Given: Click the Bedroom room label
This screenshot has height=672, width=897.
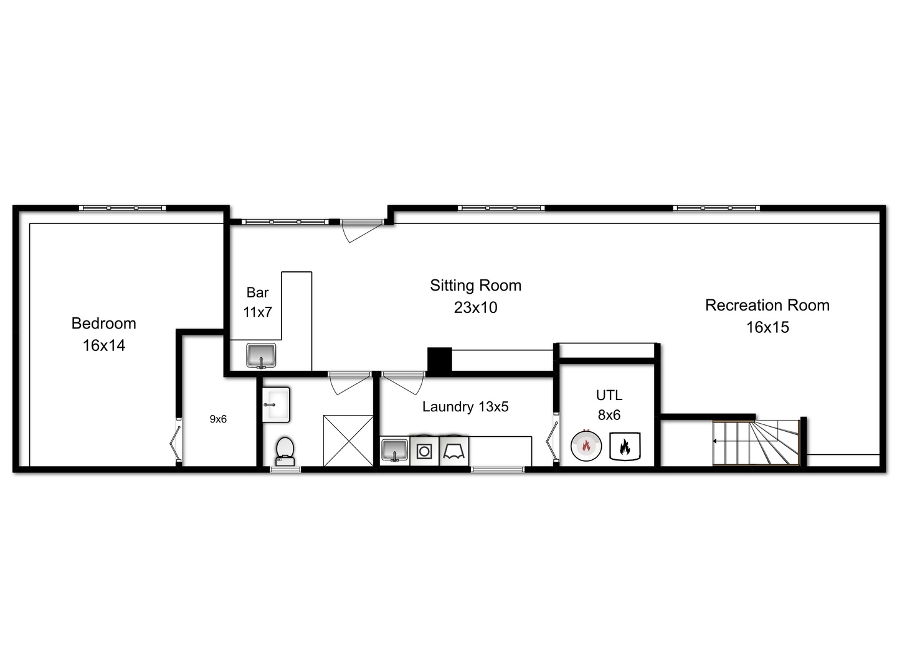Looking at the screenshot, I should pos(103,323).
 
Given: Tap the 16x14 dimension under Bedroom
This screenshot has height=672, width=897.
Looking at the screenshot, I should pos(103,345).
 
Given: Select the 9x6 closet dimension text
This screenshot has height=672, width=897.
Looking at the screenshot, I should pos(218,419).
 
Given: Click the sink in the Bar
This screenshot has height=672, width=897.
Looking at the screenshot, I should pos(261,355).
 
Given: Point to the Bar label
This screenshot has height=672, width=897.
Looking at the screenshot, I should pos(257,292).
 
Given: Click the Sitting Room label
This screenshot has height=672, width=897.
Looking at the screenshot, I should pos(475,286).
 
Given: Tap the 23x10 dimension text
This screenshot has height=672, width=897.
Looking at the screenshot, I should pos(475,307).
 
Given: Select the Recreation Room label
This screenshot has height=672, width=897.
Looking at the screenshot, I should pos(767,306).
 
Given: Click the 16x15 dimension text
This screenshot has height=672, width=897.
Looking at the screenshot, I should pos(767,327).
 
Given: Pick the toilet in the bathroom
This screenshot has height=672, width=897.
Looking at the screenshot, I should pos(285,450).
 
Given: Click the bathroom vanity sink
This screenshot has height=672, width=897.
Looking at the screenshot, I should pos(275,404).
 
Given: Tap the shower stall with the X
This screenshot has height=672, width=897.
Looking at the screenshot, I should pos(348,440).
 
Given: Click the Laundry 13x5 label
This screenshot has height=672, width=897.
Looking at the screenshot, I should pos(465,407).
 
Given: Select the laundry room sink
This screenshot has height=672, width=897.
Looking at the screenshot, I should pos(394,450).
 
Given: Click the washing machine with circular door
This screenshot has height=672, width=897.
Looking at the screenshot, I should pos(424,450).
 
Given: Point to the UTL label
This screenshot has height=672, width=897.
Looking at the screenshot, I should pos(609,395).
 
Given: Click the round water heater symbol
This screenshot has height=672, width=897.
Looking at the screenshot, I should pos(586,446).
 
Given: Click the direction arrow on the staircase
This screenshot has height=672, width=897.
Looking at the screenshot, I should pos(716,441).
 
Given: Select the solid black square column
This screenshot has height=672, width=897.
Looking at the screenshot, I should pos(439,360).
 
